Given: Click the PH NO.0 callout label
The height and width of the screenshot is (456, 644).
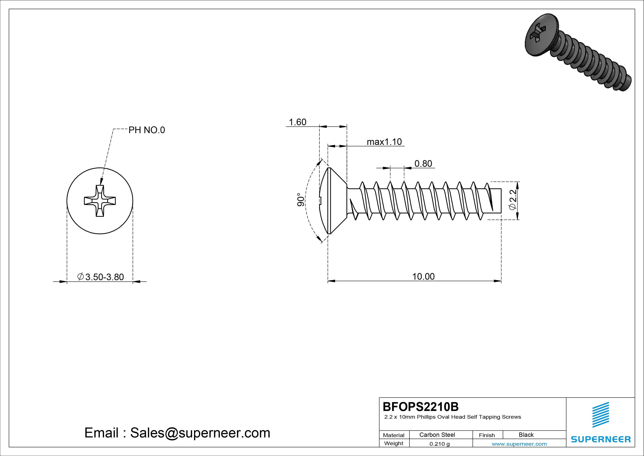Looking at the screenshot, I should (146, 130).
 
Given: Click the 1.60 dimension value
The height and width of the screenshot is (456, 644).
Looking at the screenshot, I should (297, 122).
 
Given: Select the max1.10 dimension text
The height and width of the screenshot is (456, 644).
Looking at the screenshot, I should (384, 142).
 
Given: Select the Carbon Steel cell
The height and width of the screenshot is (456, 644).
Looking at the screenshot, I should (437, 435).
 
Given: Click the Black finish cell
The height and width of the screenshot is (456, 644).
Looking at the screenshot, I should (526, 435).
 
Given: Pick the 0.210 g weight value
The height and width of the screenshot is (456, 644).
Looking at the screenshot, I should (439, 444).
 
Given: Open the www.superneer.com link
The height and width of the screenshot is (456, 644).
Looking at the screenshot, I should (519, 444).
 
